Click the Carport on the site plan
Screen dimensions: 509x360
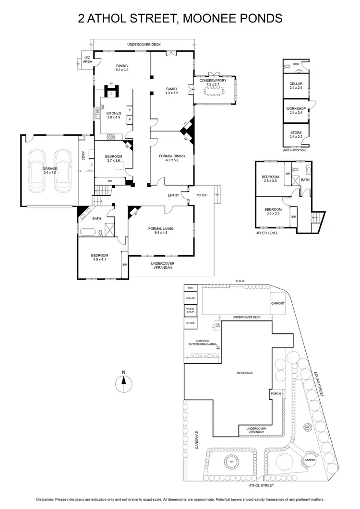[277, 304]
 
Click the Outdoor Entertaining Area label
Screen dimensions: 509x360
[203, 343]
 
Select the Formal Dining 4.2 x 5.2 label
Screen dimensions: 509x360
[171, 158]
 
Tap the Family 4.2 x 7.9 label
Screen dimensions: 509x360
[171, 91]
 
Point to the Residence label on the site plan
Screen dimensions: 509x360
[245, 373]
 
